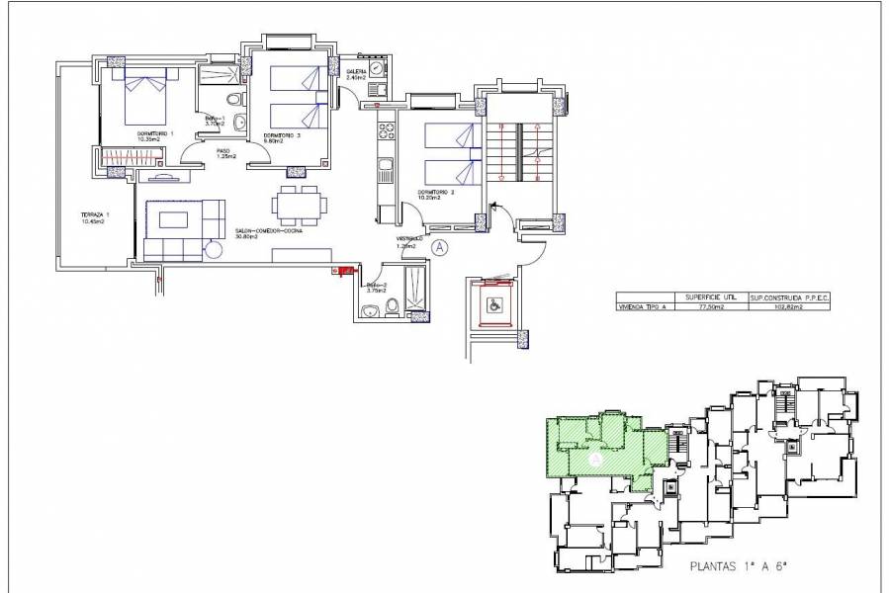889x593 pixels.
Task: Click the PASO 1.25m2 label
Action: point(224,153)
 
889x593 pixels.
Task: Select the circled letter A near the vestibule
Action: point(440,248)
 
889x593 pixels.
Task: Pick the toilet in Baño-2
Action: point(393,310)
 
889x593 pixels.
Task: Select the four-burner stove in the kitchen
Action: point(387,128)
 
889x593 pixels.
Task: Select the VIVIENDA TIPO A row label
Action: point(643,307)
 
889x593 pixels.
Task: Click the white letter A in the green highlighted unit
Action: point(595,460)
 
